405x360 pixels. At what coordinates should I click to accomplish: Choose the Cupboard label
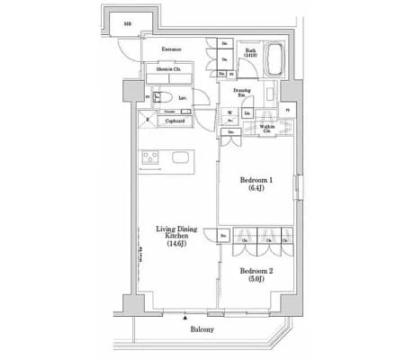[x=175, y=120]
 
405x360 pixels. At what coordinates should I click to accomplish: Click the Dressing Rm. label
[x=242, y=92]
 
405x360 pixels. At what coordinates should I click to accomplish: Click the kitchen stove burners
[x=150, y=159]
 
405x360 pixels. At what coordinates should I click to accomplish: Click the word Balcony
[x=202, y=330]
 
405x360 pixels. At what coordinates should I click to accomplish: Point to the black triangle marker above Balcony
[x=186, y=317]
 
